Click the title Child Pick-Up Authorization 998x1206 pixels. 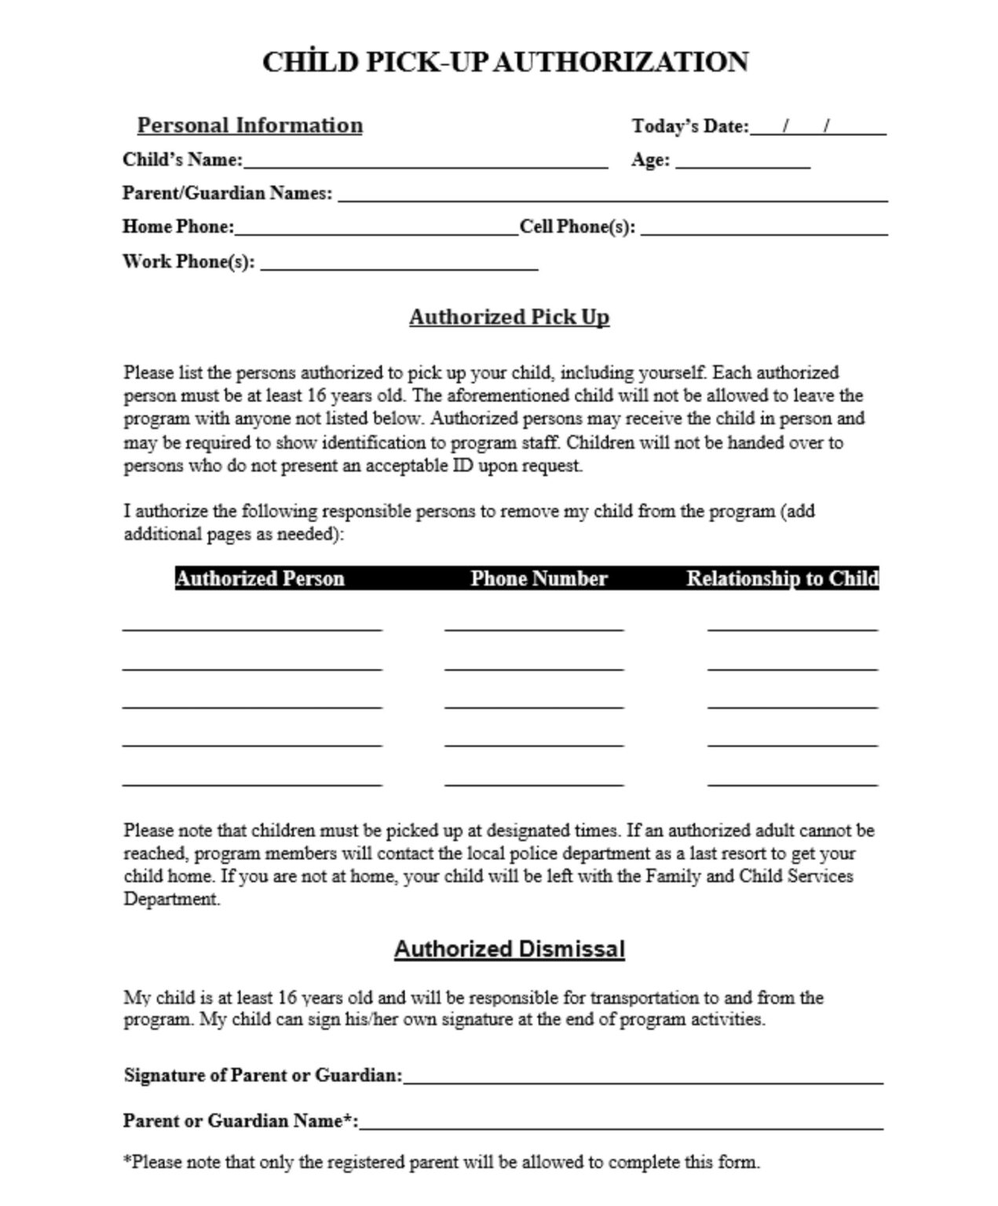(505, 62)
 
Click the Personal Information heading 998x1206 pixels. (250, 126)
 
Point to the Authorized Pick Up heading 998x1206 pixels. (509, 317)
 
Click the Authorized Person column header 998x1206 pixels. (260, 579)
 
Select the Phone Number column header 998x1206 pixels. (539, 579)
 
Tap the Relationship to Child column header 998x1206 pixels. (782, 579)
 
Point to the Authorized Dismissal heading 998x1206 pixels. (509, 949)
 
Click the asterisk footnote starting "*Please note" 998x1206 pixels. (441, 1162)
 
